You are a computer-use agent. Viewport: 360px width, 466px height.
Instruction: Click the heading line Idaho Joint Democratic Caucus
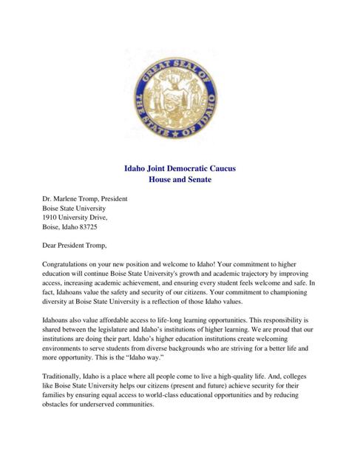click(x=180, y=168)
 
